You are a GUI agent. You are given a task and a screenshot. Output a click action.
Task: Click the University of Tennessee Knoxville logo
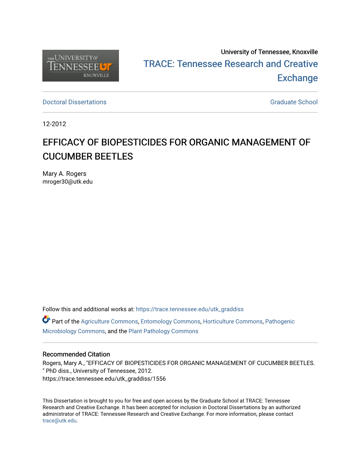tap(80, 66)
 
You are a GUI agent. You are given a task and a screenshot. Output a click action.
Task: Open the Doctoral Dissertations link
tap(74, 102)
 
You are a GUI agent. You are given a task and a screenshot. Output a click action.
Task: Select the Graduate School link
tap(294, 102)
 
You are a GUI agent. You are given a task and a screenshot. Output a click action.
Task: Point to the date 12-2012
tap(54, 124)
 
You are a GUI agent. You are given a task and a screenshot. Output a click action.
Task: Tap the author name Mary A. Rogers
tap(64, 174)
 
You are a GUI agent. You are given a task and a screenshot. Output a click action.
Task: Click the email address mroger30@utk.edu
tap(67, 182)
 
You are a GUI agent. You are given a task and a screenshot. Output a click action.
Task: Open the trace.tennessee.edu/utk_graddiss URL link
tap(190, 309)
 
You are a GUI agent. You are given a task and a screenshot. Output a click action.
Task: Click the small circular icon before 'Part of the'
tap(46, 320)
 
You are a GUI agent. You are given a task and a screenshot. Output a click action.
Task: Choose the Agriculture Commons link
tap(109, 322)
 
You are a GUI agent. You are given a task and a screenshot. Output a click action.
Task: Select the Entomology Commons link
tap(170, 322)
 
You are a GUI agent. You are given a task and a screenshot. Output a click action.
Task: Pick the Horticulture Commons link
tap(233, 322)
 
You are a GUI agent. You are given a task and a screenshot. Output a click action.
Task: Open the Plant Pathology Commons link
tap(163, 331)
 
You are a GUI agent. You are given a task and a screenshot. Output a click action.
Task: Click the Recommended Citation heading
tap(76, 354)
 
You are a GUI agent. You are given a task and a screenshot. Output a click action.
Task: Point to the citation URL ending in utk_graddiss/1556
tap(104, 379)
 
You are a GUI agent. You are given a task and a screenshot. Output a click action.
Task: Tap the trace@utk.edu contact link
tap(60, 421)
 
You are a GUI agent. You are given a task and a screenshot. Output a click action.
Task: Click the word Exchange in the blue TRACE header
tap(298, 78)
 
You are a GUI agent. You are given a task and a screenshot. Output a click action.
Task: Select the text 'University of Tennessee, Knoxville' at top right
tap(269, 52)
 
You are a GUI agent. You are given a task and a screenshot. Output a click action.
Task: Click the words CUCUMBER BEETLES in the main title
tap(88, 156)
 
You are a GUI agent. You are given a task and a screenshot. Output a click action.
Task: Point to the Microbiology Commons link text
tap(74, 331)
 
